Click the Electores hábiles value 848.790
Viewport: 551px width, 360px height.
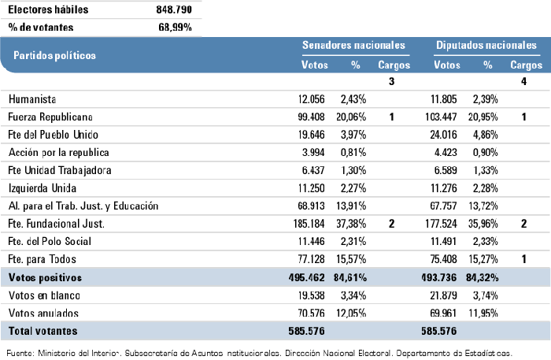(170, 10)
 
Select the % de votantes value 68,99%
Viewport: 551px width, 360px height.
(175, 27)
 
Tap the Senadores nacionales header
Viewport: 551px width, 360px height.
(353, 46)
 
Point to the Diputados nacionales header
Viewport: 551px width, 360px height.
(487, 46)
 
